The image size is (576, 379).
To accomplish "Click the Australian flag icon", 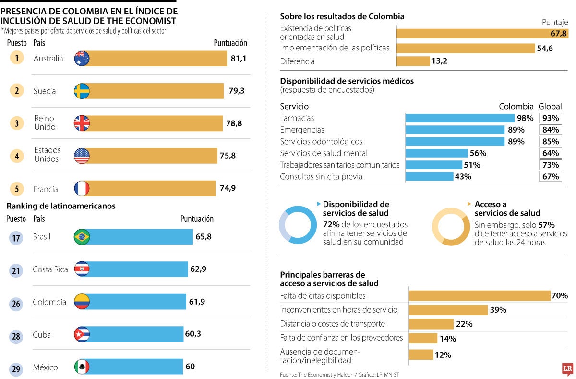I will [82, 59].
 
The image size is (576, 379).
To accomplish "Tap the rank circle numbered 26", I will [16, 303].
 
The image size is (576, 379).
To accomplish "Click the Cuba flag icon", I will [82, 335].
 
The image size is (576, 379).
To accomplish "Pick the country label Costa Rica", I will [50, 269].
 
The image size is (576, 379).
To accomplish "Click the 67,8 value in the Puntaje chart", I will [559, 34].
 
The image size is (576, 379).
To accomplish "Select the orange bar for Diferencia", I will [413, 61].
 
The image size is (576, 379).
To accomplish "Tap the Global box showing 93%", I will [550, 118].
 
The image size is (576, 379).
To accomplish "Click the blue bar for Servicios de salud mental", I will [437, 153].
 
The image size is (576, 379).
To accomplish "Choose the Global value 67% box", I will [550, 177].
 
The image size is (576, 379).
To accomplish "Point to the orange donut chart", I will [451, 227].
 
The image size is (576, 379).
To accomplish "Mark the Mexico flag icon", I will [82, 367].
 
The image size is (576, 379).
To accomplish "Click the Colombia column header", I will [516, 107].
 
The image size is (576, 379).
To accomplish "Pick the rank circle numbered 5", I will [16, 189].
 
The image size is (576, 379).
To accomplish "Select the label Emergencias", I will [302, 130].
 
